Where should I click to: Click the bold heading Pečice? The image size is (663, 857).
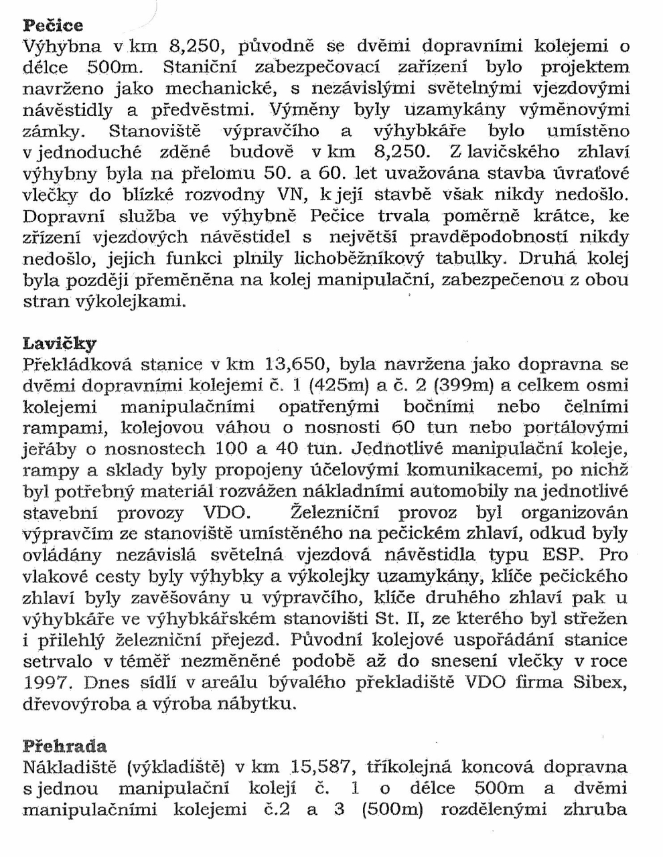coord(53,26)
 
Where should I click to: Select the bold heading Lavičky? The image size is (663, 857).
coord(60,344)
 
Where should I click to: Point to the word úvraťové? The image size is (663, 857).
coord(592,174)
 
